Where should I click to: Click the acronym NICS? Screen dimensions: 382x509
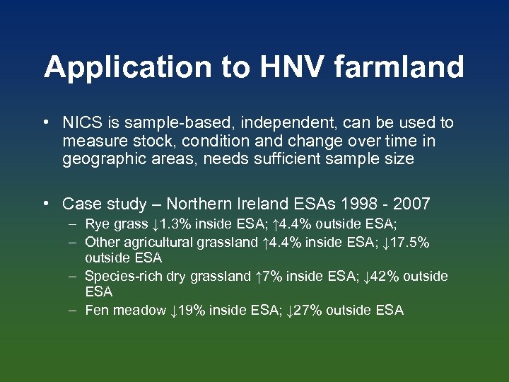[81, 123]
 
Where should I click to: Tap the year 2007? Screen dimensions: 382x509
[412, 204]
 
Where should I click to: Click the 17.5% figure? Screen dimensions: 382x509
[411, 242]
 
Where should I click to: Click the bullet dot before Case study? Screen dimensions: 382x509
[45, 204]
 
